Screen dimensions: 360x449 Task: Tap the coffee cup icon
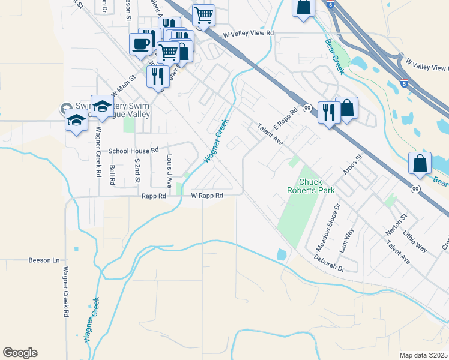(x=141, y=44)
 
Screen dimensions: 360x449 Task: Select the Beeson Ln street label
(x=44, y=260)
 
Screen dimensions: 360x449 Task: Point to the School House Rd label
(x=133, y=151)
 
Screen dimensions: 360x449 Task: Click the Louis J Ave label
(x=169, y=170)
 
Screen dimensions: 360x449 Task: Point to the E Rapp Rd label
(x=286, y=119)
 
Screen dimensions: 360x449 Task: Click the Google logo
(x=20, y=353)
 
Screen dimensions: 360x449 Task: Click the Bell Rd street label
(x=112, y=175)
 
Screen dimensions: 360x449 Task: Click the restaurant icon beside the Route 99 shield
(x=328, y=112)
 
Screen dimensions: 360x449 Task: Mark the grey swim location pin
(x=65, y=109)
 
